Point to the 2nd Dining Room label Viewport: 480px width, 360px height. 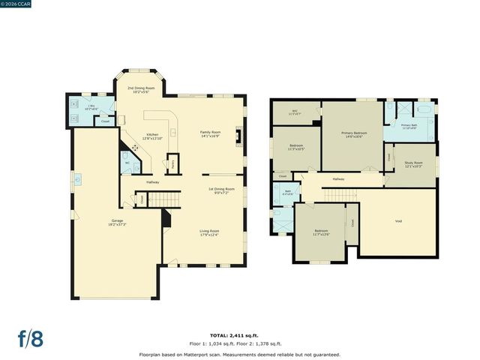click(141, 90)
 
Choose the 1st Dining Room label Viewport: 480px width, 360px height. click(221, 190)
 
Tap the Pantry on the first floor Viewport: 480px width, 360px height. click(172, 163)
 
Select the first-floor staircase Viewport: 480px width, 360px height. click(164, 198)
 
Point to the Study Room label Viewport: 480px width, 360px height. click(413, 164)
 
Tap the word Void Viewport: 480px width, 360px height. click(397, 220)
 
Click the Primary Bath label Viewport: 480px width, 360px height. click(409, 126)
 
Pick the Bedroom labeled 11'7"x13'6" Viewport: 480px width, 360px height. click(321, 232)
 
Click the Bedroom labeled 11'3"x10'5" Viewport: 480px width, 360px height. click(296, 147)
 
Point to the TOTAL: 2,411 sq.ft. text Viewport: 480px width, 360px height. click(240, 337)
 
